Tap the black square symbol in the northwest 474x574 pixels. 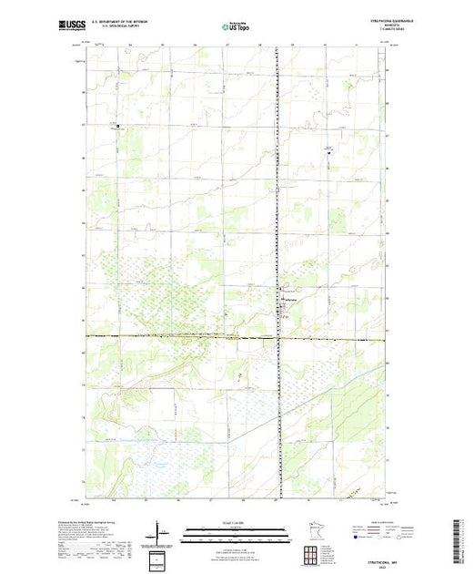pos(117,126)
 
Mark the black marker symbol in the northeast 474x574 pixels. pos(330,152)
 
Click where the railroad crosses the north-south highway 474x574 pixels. pos(277,337)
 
